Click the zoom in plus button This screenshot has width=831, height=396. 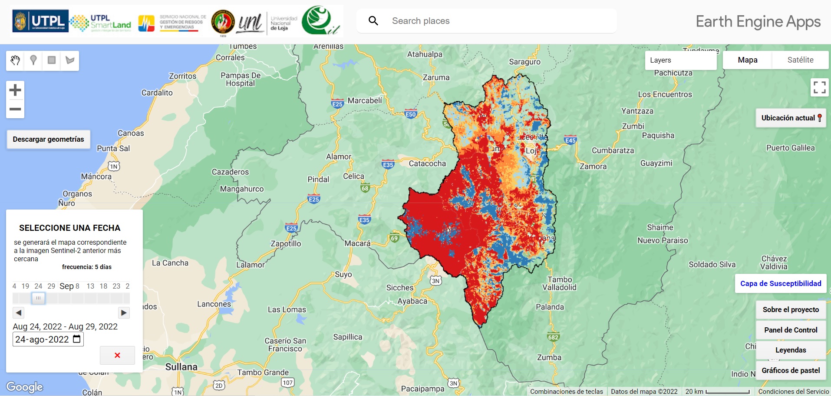coord(15,90)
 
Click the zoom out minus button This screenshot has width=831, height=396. coord(15,109)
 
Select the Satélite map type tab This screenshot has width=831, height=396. coord(800,60)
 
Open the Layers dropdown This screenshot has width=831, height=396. coord(680,60)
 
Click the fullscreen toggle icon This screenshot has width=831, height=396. coord(819,87)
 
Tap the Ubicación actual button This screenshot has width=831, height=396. coord(791,118)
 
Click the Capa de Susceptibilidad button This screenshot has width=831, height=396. coord(780,283)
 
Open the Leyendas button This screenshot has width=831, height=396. coord(790,350)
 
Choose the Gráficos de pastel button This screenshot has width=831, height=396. coord(790,370)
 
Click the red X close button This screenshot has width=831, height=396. coord(117,355)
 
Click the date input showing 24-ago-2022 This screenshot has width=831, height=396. coord(48,339)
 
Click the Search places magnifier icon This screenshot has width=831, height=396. coord(373,21)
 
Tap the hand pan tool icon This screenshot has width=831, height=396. coord(15,60)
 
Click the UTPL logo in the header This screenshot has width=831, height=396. coord(40,21)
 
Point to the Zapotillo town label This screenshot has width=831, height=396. coord(286,244)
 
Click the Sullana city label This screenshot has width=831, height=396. coord(181,367)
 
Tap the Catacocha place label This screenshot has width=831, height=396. coord(427,163)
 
